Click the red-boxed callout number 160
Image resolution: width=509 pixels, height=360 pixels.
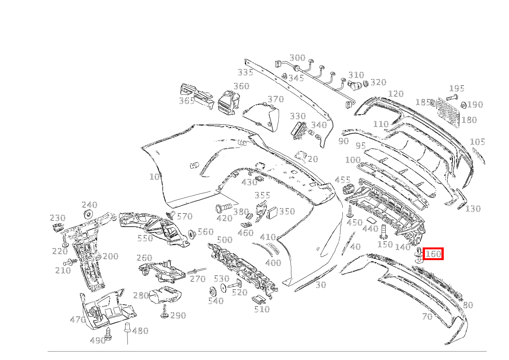[x=433, y=254]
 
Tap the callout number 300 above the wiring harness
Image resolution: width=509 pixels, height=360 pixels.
[x=297, y=58]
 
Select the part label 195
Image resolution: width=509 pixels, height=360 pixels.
[x=456, y=89]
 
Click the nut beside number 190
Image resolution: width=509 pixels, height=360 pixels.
[x=463, y=105]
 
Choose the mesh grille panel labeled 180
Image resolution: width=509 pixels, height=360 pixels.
[x=448, y=111]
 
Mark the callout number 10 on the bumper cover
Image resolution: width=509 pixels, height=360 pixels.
[x=154, y=177]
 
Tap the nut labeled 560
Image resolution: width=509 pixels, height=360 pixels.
[x=192, y=234]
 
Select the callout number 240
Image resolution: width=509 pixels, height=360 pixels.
[x=89, y=205]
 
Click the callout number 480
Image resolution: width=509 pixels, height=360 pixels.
[x=140, y=331]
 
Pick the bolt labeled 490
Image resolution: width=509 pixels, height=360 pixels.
[x=109, y=333]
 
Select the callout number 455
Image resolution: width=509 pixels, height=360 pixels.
[x=342, y=180]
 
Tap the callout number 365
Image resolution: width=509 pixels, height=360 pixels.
[x=187, y=101]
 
